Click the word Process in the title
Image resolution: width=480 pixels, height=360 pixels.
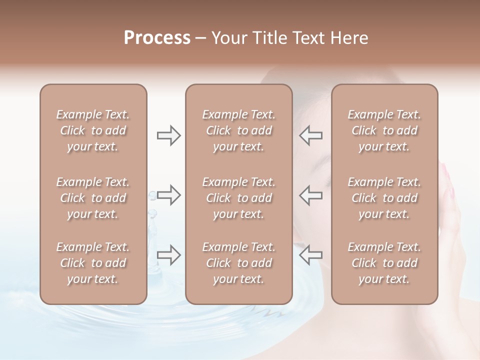pyautogui.click(x=157, y=38)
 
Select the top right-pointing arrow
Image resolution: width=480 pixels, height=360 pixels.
pyautogui.click(x=168, y=135)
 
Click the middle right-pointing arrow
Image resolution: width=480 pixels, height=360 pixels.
pyautogui.click(x=168, y=194)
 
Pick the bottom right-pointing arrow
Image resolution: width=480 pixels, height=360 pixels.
pyautogui.click(x=168, y=254)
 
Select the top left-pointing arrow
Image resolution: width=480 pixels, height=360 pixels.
pyautogui.click(x=311, y=135)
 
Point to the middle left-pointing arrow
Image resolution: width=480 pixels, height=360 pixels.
pyautogui.click(x=311, y=194)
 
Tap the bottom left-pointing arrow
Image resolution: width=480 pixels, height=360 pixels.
pyautogui.click(x=311, y=254)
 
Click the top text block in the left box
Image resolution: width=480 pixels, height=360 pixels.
pyautogui.click(x=93, y=130)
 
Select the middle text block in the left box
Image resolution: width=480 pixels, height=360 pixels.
pyautogui.click(x=93, y=198)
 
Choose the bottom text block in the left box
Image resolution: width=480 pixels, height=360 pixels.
pyautogui.click(x=93, y=263)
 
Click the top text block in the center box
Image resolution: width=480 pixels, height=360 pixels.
pyautogui.click(x=238, y=130)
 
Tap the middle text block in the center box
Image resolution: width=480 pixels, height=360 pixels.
pyautogui.click(x=238, y=198)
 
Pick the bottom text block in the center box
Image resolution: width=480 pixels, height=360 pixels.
pyautogui.click(x=238, y=263)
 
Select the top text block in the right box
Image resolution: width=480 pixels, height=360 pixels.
pyautogui.click(x=384, y=130)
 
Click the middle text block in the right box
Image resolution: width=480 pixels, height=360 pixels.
pyautogui.click(x=384, y=198)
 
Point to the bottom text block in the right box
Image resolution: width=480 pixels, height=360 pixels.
pyautogui.click(x=384, y=263)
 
